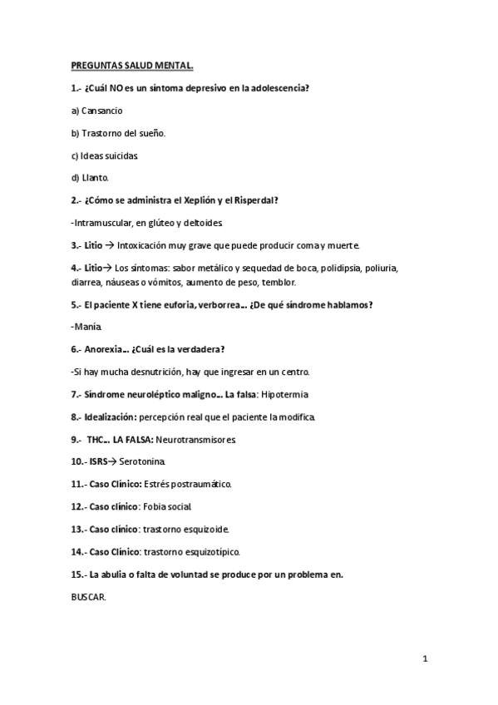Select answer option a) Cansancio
(96, 111)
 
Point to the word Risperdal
(255, 200)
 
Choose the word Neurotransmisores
(199, 439)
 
